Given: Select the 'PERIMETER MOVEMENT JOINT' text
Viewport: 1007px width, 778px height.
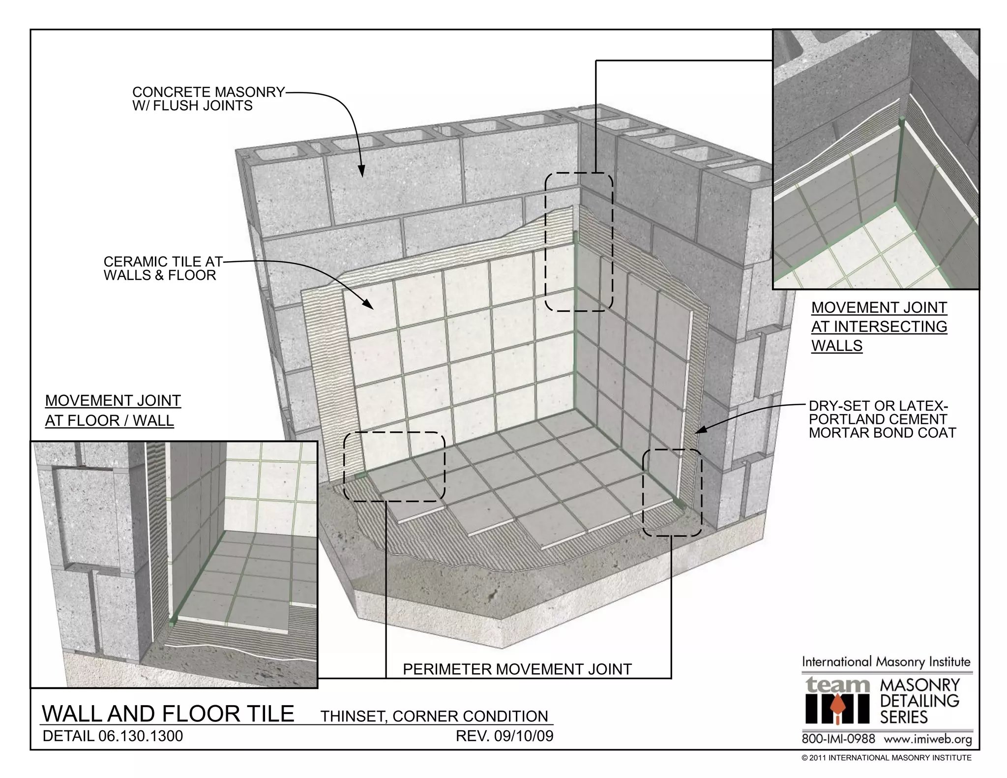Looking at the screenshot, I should pyautogui.click(x=517, y=669).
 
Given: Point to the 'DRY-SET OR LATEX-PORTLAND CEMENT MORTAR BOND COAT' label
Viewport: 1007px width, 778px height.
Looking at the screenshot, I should pyautogui.click(x=882, y=419).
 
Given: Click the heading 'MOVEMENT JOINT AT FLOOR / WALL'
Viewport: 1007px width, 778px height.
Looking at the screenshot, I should pyautogui.click(x=113, y=411).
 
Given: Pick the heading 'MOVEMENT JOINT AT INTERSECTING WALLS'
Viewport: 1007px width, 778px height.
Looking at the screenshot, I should pyautogui.click(x=879, y=327).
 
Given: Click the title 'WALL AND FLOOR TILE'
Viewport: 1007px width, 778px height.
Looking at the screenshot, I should pyautogui.click(x=168, y=714).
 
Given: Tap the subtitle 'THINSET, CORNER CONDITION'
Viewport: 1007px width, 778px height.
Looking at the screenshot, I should pyautogui.click(x=434, y=716).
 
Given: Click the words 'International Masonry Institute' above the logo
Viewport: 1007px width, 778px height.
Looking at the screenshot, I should pyautogui.click(x=886, y=662).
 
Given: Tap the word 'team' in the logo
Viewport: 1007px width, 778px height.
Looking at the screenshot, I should pyautogui.click(x=837, y=685).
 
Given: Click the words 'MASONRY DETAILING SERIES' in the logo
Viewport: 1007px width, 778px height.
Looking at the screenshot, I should pyautogui.click(x=919, y=701).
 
